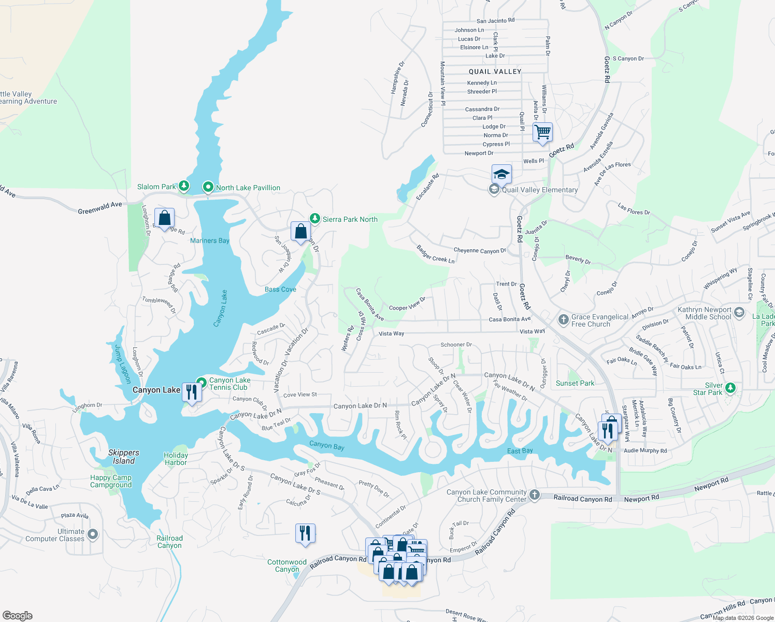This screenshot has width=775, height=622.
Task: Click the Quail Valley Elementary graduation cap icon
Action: (x=501, y=175)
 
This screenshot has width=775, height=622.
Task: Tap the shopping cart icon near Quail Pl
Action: (x=542, y=132)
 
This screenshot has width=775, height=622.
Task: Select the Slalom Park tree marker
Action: (x=183, y=186)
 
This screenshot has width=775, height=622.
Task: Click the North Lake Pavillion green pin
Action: (x=208, y=187)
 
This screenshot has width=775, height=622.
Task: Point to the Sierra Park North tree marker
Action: (x=314, y=219)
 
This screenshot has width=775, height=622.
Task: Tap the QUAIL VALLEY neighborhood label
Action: (x=495, y=72)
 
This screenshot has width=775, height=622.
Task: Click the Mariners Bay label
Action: (x=209, y=241)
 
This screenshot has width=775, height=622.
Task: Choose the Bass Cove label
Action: (x=280, y=289)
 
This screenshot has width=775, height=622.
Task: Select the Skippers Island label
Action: (x=124, y=457)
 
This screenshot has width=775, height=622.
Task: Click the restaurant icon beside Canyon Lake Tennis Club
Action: (x=192, y=392)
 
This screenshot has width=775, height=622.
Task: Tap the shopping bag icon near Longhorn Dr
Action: (x=164, y=218)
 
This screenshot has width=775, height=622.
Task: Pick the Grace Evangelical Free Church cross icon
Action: (x=563, y=320)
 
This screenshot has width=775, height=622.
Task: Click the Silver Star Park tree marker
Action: (x=730, y=387)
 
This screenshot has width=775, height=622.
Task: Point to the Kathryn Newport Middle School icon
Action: (x=739, y=313)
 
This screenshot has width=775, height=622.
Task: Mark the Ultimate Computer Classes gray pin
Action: (x=93, y=534)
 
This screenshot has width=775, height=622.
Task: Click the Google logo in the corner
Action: (x=18, y=616)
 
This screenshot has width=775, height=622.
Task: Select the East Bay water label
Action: (x=520, y=451)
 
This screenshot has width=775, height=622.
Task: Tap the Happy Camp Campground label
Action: (x=111, y=481)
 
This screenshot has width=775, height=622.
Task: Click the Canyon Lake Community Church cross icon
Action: (x=534, y=496)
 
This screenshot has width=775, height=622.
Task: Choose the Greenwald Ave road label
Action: (x=100, y=208)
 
